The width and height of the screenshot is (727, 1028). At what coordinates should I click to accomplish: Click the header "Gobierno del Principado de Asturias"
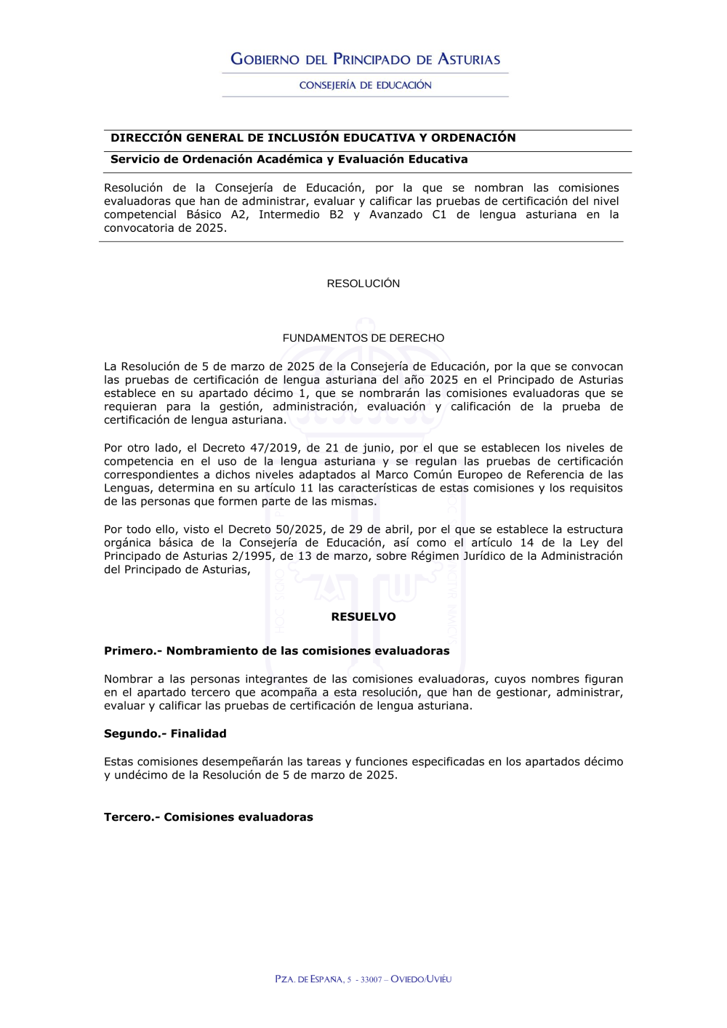click(365, 60)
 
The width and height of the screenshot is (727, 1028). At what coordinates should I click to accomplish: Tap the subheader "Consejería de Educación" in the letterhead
click(365, 85)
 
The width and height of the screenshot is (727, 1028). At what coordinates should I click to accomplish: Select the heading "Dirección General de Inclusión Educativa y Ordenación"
click(313, 138)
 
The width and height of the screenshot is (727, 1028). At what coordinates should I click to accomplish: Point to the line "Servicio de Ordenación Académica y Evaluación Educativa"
click(289, 159)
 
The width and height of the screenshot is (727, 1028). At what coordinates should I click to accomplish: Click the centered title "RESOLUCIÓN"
click(363, 284)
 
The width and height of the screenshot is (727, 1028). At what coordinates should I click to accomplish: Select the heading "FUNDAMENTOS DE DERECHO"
click(363, 338)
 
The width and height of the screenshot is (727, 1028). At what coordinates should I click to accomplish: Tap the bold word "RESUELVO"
click(363, 617)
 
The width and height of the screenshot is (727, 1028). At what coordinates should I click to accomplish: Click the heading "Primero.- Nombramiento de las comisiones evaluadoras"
click(276, 651)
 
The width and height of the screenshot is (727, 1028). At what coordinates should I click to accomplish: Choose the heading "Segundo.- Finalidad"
click(165, 734)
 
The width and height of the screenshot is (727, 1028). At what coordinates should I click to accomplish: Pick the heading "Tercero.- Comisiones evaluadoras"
click(208, 817)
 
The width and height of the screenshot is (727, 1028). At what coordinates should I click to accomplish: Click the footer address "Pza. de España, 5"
click(313, 979)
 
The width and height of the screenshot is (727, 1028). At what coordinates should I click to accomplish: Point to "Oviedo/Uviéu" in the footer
click(421, 979)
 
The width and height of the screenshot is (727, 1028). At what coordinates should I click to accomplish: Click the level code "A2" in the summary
click(239, 214)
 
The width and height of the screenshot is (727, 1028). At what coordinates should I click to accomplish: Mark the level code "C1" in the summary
click(439, 214)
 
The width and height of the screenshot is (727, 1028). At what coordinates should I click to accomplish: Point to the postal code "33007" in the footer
click(371, 979)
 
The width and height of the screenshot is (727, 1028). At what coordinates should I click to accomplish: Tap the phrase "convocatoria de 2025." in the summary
click(165, 228)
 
